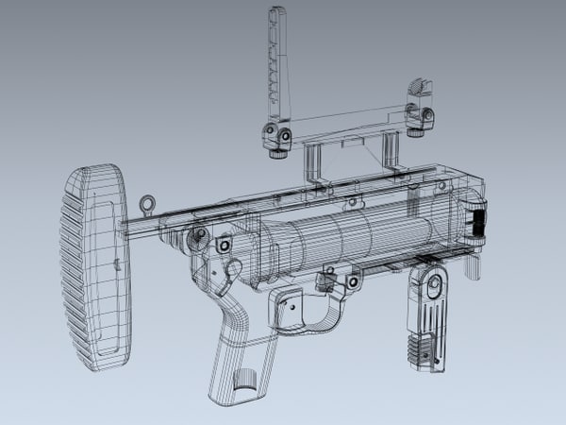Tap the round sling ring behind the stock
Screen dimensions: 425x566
[146, 203]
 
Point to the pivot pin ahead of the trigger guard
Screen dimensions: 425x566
[351, 281]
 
